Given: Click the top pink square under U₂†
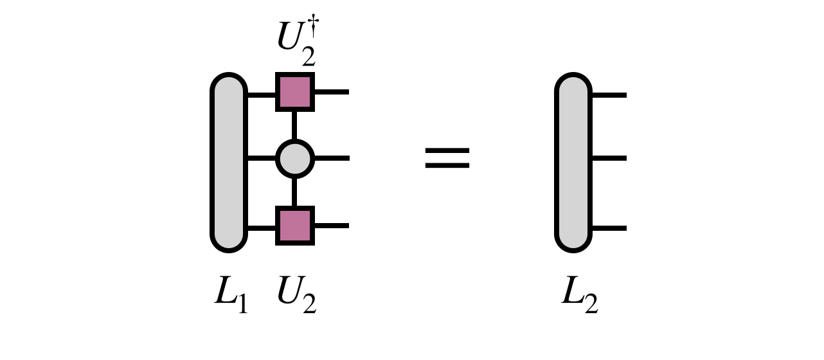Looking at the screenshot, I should point(295,92).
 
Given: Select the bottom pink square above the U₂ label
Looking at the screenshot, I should point(295,226).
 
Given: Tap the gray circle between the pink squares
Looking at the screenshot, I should point(295,158).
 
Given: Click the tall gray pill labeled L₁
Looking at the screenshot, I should point(229,162).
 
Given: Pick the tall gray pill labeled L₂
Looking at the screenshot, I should point(573,162).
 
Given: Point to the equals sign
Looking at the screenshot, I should point(447,158).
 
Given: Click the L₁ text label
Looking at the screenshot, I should point(230,296).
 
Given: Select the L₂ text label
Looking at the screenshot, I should point(579,296).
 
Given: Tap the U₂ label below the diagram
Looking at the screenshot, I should point(296,296).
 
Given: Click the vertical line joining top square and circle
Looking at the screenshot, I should point(295,125).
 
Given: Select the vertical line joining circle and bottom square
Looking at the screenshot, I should point(295,192).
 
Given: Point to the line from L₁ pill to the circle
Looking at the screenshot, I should point(261,158).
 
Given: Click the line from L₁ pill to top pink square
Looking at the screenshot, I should point(261,95).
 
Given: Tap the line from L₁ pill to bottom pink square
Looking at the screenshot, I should point(261,228).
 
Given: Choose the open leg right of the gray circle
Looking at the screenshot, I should point(331,158).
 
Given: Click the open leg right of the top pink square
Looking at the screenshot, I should point(331,92).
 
